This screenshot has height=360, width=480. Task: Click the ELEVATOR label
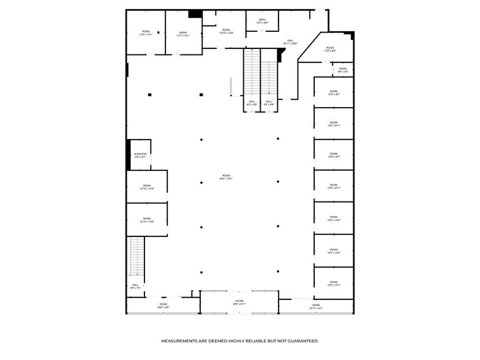point(140,155)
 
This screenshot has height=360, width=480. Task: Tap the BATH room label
point(262,21)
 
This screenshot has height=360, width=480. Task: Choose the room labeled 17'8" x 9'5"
point(329,50)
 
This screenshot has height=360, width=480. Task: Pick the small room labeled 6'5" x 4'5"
point(343,70)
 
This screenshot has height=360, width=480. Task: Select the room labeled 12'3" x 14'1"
point(146,33)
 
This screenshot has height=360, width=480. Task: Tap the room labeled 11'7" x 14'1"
point(182,34)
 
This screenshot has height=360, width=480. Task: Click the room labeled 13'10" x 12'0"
point(226,31)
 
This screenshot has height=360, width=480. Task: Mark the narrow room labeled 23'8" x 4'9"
point(163,306)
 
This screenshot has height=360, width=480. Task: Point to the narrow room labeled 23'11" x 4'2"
point(316,306)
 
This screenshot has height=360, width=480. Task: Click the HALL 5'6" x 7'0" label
point(135,286)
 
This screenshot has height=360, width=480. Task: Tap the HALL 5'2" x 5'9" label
point(252,103)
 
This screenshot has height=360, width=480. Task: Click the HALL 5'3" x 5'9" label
point(269,103)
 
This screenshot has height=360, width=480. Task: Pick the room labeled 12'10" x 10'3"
point(147,187)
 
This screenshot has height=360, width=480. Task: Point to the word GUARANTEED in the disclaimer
point(300,340)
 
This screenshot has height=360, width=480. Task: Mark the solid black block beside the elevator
point(129,155)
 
